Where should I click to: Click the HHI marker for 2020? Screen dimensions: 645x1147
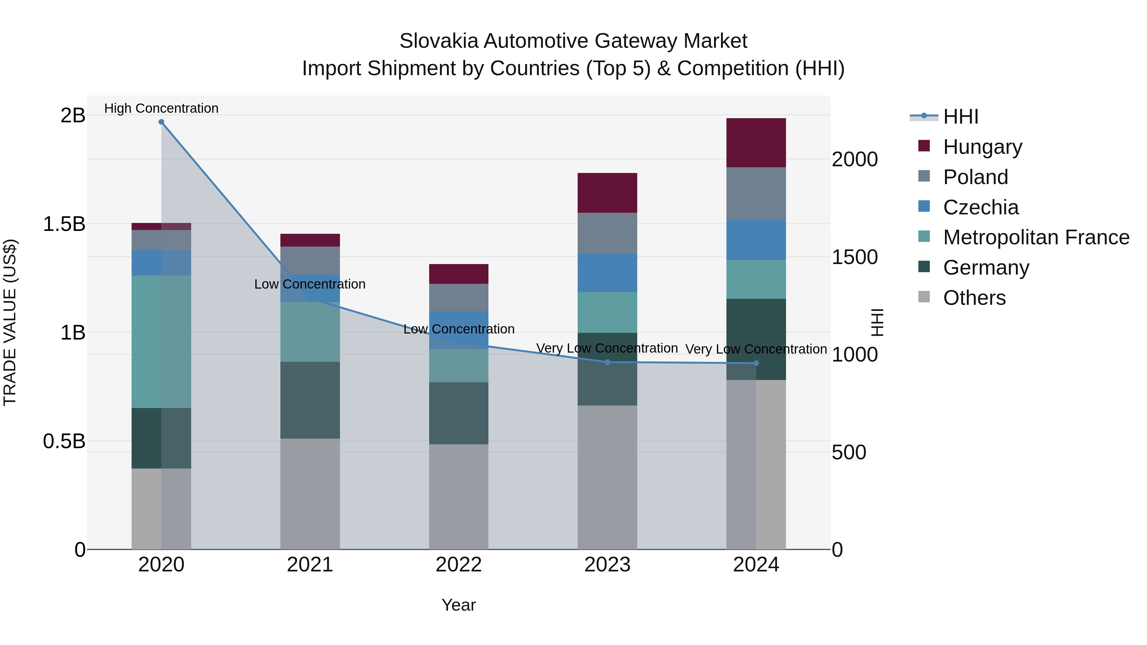[x=161, y=122]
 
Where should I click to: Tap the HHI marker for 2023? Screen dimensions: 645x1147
[x=607, y=362]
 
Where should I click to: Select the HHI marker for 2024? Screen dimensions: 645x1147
[x=756, y=363]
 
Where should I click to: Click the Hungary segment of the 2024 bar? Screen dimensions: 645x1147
[x=756, y=143]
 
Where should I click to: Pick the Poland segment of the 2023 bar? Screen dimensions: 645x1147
[x=607, y=233]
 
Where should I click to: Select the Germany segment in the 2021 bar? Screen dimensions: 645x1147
[x=310, y=400]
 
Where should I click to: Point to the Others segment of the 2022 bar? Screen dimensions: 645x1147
[x=458, y=496]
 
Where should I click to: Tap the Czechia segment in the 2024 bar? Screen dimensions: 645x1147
[x=756, y=240]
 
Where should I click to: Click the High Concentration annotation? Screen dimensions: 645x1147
[x=161, y=108]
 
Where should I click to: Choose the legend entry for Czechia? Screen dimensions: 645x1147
[x=980, y=207]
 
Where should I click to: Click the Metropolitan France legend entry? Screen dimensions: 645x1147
[x=1036, y=238]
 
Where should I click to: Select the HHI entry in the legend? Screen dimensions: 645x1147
[x=960, y=117]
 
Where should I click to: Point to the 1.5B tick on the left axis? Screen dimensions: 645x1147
[x=64, y=224]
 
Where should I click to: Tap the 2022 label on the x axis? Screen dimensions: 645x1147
[x=458, y=565]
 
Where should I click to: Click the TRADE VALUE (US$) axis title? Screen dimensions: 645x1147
[x=10, y=322]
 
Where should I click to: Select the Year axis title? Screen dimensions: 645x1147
[x=458, y=605]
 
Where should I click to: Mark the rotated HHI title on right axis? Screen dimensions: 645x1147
[x=877, y=322]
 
